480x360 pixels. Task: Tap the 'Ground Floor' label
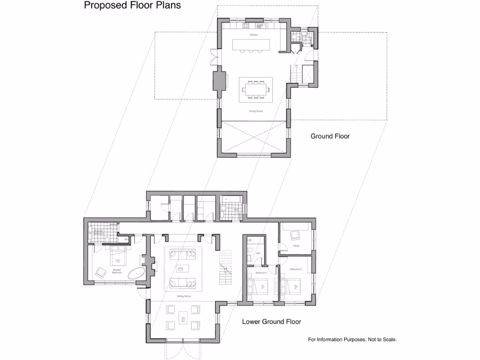pos(330,136)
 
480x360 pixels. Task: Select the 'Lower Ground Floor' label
pos(271,322)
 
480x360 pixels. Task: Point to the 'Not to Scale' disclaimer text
pos(352,339)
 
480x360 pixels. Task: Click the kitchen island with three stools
pos(252,45)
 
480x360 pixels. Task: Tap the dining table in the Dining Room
pos(255,89)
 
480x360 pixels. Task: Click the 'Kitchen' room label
pos(253,35)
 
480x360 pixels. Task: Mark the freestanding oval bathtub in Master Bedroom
pos(136,273)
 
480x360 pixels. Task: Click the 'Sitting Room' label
pos(183,297)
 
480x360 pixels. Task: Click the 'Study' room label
pos(296,246)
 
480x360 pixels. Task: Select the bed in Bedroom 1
pos(257,285)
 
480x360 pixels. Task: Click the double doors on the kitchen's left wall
pos(214,57)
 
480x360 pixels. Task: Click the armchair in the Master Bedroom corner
pos(101,272)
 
